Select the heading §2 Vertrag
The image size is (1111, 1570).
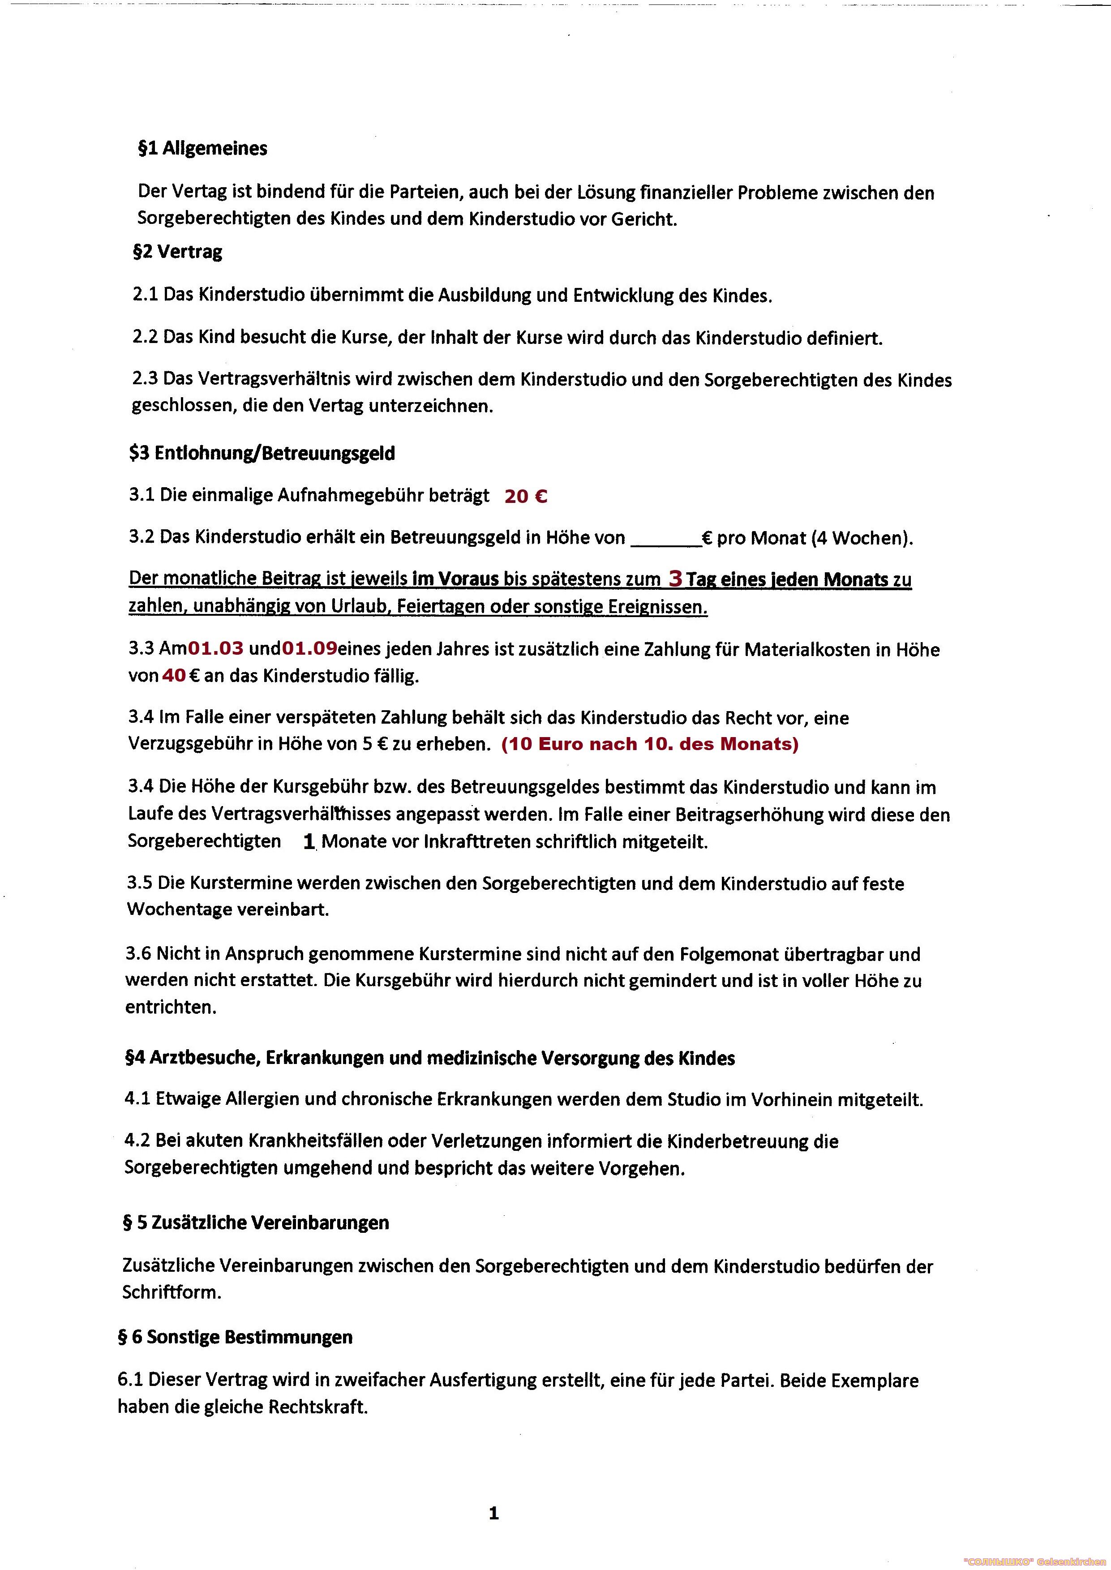click(178, 252)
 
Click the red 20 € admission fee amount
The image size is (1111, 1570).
click(525, 496)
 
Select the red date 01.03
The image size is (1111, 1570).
click(216, 648)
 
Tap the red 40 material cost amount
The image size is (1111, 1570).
click(174, 676)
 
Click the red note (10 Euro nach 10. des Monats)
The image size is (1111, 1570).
click(650, 744)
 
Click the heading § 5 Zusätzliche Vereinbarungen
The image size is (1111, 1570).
click(256, 1223)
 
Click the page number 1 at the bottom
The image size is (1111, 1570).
click(494, 1514)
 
